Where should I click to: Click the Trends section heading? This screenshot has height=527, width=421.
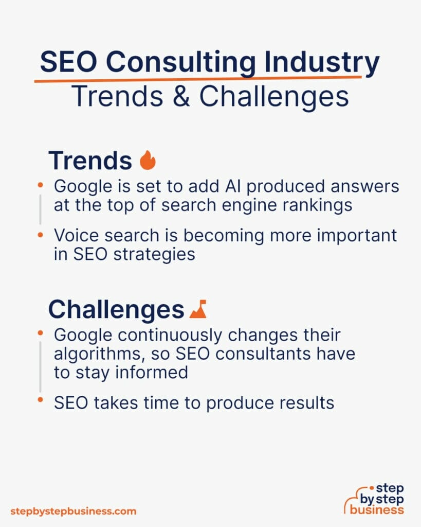[x=90, y=161]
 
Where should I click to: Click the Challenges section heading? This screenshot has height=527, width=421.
[x=116, y=310]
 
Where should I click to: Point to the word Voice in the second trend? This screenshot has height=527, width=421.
[x=78, y=235]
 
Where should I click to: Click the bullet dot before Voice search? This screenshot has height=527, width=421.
[x=41, y=235]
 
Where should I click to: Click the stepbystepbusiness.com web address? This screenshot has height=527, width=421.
[x=73, y=511]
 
